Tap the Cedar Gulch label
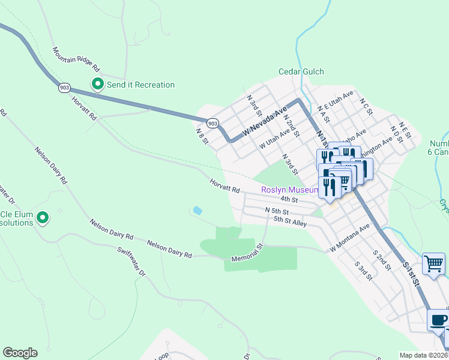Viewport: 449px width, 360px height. click(301, 72)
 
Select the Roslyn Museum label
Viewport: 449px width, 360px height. click(289, 190)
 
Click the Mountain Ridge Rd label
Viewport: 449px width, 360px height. click(76, 60)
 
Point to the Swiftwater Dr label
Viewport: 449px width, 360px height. click(132, 262)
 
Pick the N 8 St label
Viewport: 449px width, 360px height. click(202, 136)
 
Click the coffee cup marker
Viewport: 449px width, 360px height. click(437, 320)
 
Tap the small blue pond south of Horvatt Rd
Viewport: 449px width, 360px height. click(197, 211)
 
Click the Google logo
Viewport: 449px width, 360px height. click(20, 353)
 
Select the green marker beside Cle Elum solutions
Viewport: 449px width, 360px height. click(43, 218)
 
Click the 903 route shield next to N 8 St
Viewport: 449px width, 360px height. click(212, 123)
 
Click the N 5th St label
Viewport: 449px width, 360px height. click(277, 211)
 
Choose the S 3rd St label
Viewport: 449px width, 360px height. click(363, 271)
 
